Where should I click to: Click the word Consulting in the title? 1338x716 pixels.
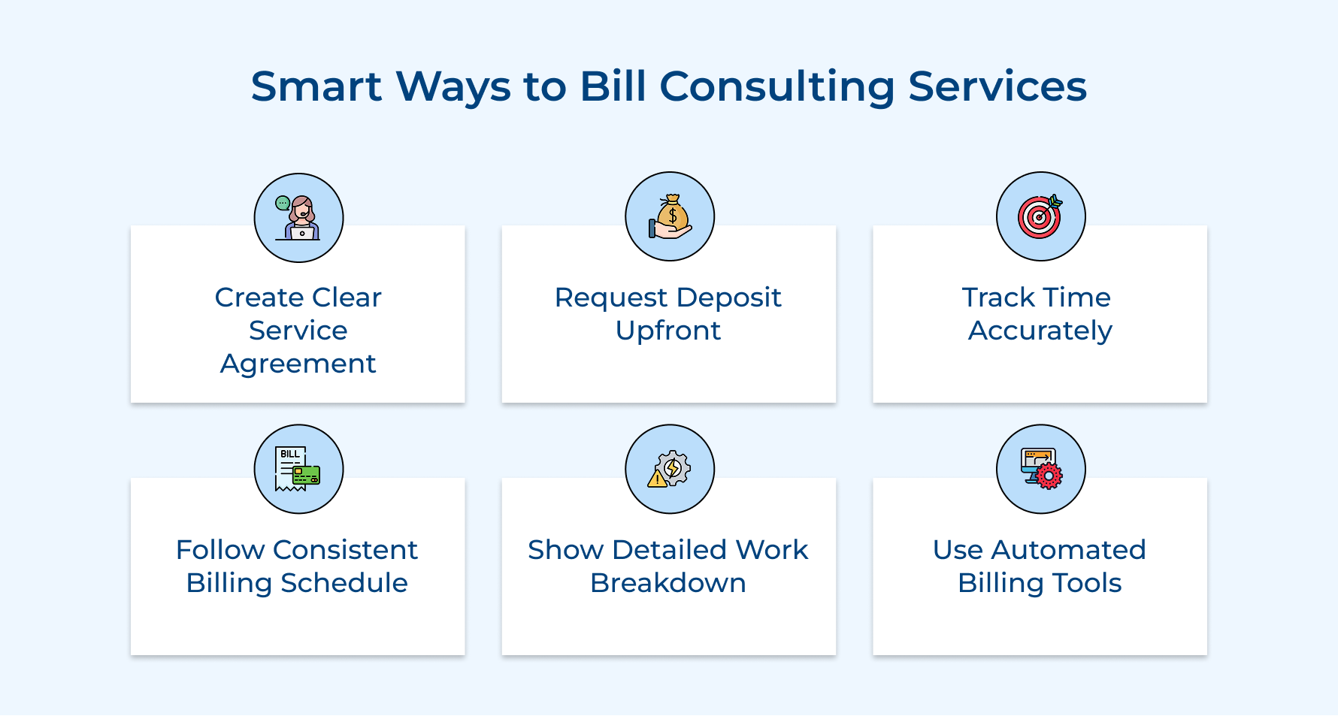pyautogui.click(x=777, y=86)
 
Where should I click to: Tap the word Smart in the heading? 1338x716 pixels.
pyautogui.click(x=316, y=86)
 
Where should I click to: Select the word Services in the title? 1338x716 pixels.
pyautogui.click(x=997, y=86)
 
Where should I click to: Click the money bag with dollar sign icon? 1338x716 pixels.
pyautogui.click(x=670, y=217)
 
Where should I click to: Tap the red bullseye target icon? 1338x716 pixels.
pyautogui.click(x=1040, y=216)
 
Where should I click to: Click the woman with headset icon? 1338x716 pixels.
pyautogui.click(x=298, y=218)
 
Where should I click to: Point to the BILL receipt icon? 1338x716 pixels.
pyautogui.click(x=298, y=469)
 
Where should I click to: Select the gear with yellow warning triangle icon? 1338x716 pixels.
pyautogui.click(x=670, y=469)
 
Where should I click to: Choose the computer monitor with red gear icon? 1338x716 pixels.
pyautogui.click(x=1041, y=469)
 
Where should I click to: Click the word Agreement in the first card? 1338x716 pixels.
pyautogui.click(x=298, y=364)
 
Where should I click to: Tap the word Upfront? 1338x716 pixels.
pyautogui.click(x=667, y=331)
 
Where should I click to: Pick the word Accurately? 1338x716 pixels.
pyautogui.click(x=1040, y=331)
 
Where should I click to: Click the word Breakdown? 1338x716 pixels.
pyautogui.click(x=667, y=583)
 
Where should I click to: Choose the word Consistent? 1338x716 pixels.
pyautogui.click(x=345, y=550)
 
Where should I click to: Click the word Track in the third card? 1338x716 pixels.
pyautogui.click(x=998, y=298)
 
